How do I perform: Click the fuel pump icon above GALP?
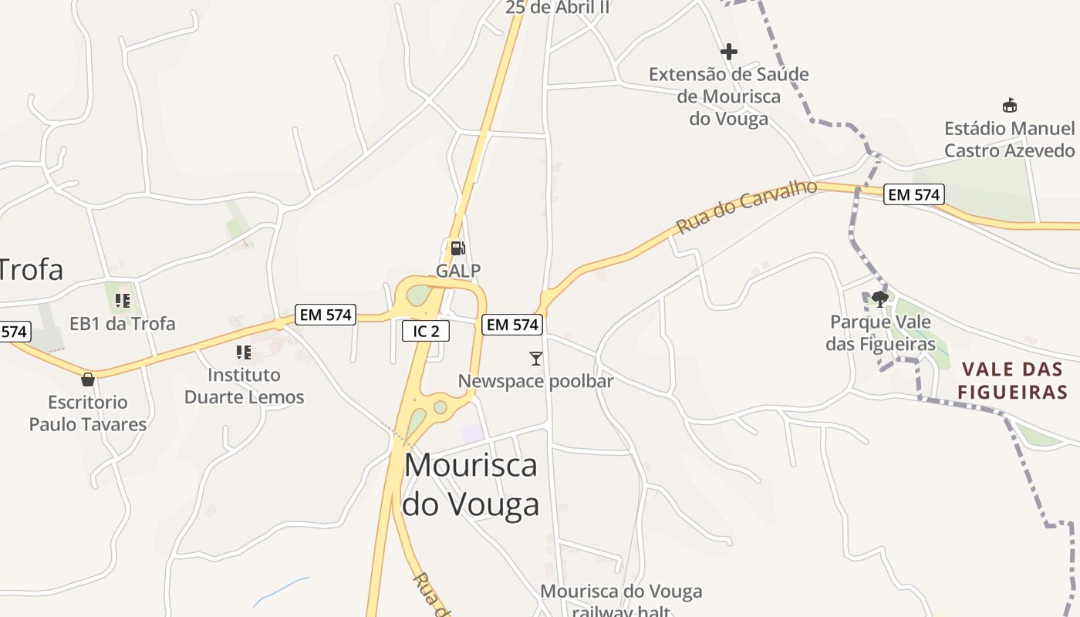pyautogui.click(x=457, y=248)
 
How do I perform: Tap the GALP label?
pyautogui.click(x=458, y=271)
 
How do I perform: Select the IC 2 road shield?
pyautogui.click(x=426, y=332)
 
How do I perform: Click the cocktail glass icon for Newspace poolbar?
pyautogui.click(x=536, y=358)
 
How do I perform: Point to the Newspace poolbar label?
pyautogui.click(x=536, y=382)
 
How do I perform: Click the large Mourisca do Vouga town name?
pyautogui.click(x=471, y=484)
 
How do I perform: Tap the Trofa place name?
pyautogui.click(x=31, y=270)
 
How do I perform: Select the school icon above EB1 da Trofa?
pyautogui.click(x=122, y=300)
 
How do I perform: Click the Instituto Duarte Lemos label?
pyautogui.click(x=244, y=386)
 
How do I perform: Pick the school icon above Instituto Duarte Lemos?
pyautogui.click(x=244, y=352)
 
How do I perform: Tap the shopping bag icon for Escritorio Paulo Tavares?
pyautogui.click(x=88, y=379)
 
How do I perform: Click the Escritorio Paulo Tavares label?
pyautogui.click(x=88, y=413)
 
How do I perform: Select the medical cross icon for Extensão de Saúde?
pyautogui.click(x=729, y=52)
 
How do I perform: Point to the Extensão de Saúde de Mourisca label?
pyautogui.click(x=729, y=96)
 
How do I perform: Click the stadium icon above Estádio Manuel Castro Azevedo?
pyautogui.click(x=1009, y=105)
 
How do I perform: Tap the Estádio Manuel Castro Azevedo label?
pyautogui.click(x=1009, y=140)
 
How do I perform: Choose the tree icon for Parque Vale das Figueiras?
pyautogui.click(x=880, y=298)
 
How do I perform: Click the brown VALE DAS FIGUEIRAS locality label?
pyautogui.click(x=1012, y=381)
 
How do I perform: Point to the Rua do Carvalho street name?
pyautogui.click(x=746, y=207)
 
